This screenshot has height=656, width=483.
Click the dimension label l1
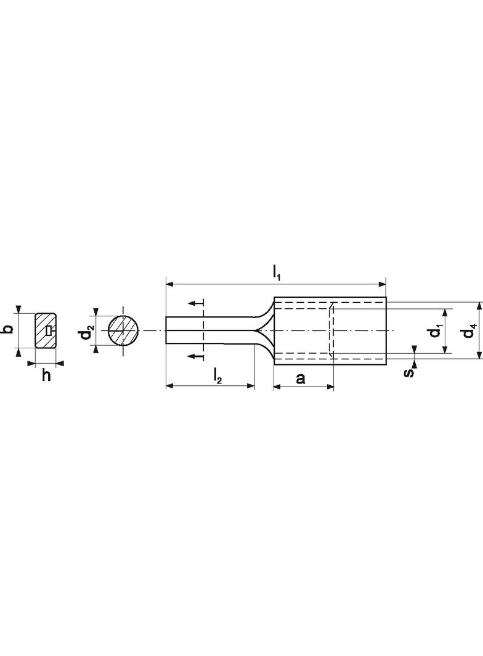pyautogui.click(x=277, y=273)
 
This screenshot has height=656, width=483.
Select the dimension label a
pyautogui.click(x=301, y=378)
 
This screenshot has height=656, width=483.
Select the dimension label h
pyautogui.click(x=46, y=375)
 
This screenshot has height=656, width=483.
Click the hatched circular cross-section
pyautogui.click(x=123, y=330)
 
